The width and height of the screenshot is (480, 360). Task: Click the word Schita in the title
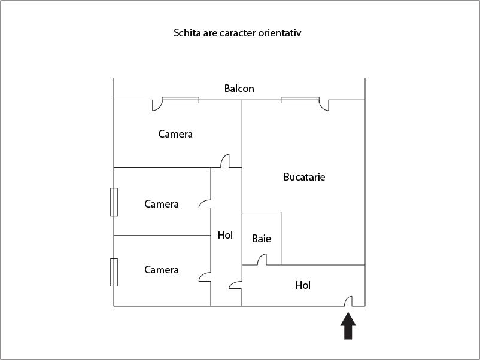click(x=187, y=33)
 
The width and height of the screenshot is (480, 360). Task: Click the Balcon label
click(x=239, y=89)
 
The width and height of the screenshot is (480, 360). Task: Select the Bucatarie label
click(x=304, y=177)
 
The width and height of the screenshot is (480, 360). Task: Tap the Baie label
click(x=262, y=239)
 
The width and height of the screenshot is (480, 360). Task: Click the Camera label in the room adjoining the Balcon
click(x=175, y=134)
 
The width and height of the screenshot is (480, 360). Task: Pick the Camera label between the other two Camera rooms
click(x=162, y=204)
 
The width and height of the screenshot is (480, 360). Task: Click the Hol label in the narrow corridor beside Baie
click(x=225, y=235)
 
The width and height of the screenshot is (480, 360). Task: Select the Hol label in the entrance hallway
click(x=303, y=285)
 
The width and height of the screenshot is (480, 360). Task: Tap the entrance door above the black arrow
click(x=348, y=301)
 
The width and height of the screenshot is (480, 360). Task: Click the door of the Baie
click(x=262, y=260)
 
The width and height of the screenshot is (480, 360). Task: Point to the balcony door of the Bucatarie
click(x=325, y=105)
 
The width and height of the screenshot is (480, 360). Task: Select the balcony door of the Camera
click(x=157, y=105)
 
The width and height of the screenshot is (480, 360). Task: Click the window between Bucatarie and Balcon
click(x=300, y=100)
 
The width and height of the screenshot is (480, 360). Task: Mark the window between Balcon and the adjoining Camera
click(x=180, y=100)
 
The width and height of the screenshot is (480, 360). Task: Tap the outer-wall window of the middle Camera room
click(x=114, y=202)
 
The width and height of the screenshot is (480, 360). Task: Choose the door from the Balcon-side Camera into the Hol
click(x=225, y=161)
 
